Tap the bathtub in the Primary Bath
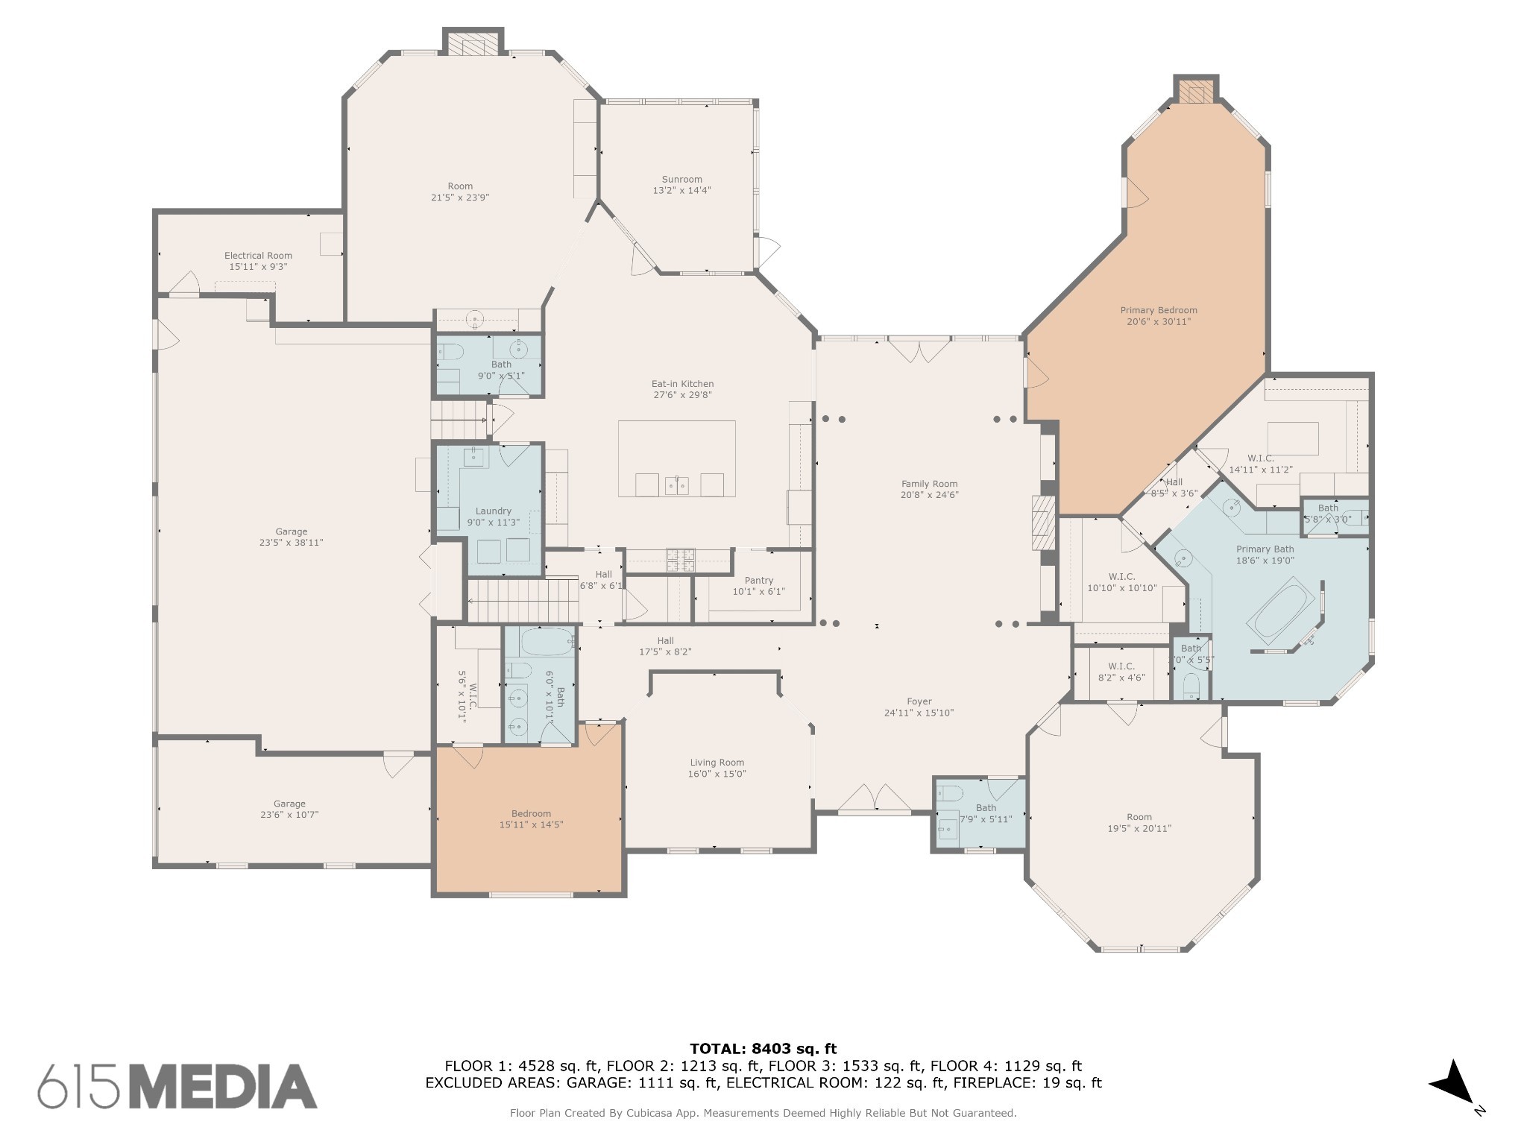click(1281, 611)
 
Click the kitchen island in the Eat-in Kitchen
click(676, 458)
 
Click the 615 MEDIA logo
click(177, 1086)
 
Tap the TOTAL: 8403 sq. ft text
click(763, 1049)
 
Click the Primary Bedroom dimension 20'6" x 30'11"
click(1158, 322)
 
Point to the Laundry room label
click(493, 511)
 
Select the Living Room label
click(717, 763)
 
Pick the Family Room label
click(928, 484)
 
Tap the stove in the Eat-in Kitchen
click(680, 560)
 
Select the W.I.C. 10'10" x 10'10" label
click(1121, 577)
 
